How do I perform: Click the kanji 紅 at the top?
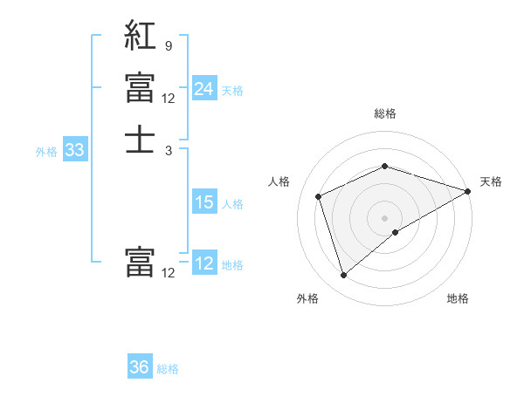pyautogui.click(x=140, y=36)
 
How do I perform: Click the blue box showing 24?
pyautogui.click(x=203, y=89)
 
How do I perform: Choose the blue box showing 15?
pyautogui.click(x=203, y=202)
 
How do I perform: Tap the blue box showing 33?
pyautogui.click(x=75, y=150)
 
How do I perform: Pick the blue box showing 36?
pyautogui.click(x=140, y=367)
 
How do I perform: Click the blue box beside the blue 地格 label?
pyautogui.click(x=203, y=263)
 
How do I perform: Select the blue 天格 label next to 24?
pyautogui.click(x=232, y=91)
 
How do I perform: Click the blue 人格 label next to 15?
pyautogui.click(x=232, y=204)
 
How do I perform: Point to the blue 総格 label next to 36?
pyautogui.click(x=168, y=369)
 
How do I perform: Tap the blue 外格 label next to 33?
pyautogui.click(x=46, y=152)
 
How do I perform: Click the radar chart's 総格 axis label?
pyautogui.click(x=385, y=113)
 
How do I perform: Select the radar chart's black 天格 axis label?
pyautogui.click(x=491, y=181)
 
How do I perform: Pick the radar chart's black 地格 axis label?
pyautogui.click(x=458, y=299)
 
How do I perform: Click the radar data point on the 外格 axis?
pyautogui.click(x=343, y=276)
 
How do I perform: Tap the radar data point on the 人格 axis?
pyautogui.click(x=320, y=196)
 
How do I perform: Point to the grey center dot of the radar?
pyautogui.click(x=385, y=217)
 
